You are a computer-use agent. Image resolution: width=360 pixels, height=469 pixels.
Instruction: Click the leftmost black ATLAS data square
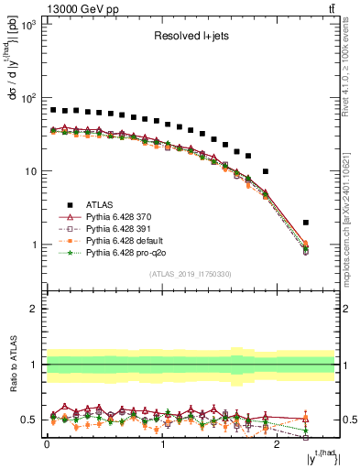tap(53, 110)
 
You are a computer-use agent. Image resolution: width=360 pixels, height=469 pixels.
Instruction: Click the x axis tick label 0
tap(48, 445)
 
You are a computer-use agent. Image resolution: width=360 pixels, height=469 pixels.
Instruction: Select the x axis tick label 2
tap(278, 445)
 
